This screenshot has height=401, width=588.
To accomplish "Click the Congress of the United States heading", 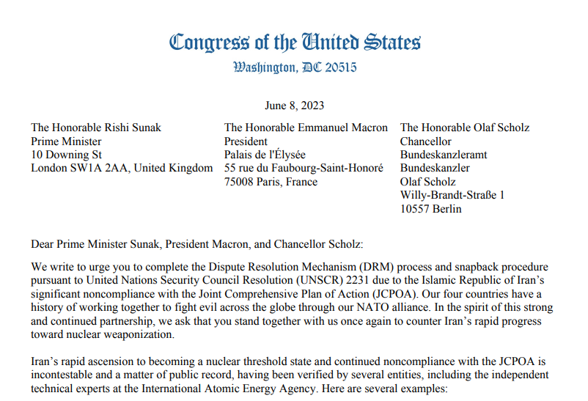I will [x=295, y=42].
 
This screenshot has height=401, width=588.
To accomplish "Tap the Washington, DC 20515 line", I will [x=295, y=68].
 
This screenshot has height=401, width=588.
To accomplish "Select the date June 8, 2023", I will [x=294, y=106].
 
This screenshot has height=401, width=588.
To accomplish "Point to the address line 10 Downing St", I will [x=66, y=155].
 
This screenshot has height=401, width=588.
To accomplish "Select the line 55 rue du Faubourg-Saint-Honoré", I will [x=304, y=168].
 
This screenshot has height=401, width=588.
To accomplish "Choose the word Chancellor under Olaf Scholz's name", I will [x=426, y=141].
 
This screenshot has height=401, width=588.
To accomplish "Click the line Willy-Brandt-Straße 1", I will [x=452, y=195].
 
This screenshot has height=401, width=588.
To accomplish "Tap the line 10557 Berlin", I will [x=431, y=209].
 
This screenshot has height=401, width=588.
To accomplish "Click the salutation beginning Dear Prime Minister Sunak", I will [x=196, y=243].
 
